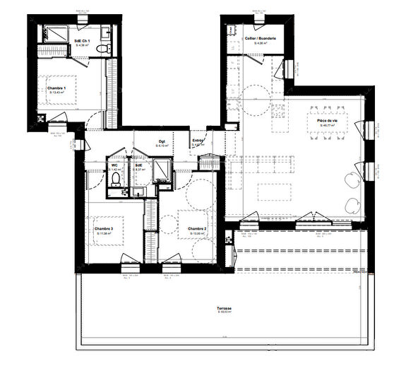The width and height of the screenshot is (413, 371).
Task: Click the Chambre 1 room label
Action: (x=56, y=88)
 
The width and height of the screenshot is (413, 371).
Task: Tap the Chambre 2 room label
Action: (x=197, y=229)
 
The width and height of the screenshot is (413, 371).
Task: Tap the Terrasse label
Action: (x=225, y=308)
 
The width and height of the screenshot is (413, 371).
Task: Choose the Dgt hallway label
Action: (x=162, y=140)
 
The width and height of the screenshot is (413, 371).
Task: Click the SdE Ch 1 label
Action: (x=83, y=41)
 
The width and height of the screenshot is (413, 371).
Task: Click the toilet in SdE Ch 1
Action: (x=103, y=47)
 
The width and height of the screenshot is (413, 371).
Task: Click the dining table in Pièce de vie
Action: (x=329, y=111)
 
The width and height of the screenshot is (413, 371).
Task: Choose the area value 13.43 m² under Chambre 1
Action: (x=56, y=93)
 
